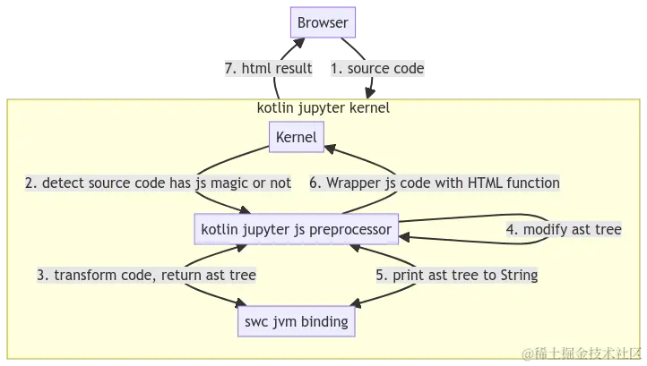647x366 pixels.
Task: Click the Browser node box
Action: (323, 22)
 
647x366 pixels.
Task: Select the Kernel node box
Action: (297, 136)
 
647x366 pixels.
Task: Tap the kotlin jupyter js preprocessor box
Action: (296, 230)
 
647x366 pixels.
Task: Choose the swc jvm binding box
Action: (296, 321)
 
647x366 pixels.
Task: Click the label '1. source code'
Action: (377, 68)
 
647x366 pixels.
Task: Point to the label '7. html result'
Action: (269, 68)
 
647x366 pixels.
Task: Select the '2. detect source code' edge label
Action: (158, 183)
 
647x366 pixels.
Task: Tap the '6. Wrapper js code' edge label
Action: (435, 183)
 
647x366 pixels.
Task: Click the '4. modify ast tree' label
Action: (563, 230)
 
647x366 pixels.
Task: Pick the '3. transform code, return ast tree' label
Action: (146, 276)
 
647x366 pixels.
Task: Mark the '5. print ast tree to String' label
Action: (455, 276)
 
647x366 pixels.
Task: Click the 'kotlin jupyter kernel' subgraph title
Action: (323, 108)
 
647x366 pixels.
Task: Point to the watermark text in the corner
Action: (583, 353)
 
